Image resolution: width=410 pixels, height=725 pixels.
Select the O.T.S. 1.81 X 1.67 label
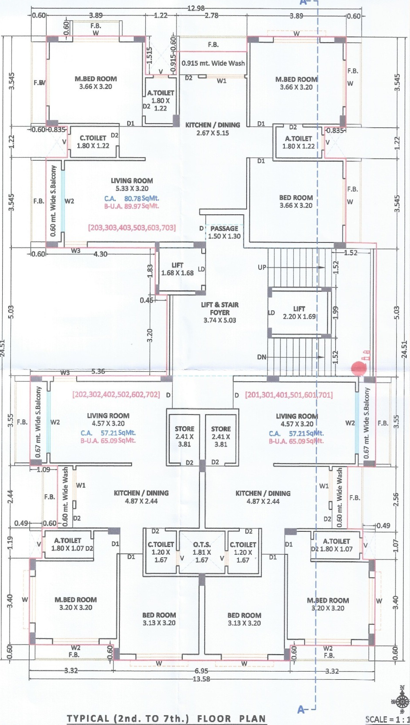pos(202,552)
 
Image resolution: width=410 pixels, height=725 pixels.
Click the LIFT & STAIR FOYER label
pos(220,312)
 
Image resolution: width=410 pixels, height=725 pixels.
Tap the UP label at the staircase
pos(262,267)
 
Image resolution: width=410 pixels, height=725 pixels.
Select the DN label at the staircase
pos(262,357)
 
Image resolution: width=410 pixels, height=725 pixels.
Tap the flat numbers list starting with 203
pos(132,227)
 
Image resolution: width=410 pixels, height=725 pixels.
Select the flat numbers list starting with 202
pos(116,395)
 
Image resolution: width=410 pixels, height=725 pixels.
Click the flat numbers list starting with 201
pos(289,395)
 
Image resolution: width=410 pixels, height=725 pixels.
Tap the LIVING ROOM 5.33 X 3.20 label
pos(132,185)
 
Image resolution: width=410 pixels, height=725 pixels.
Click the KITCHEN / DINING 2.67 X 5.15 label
pos(213,129)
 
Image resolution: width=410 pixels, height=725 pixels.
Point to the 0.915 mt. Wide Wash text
pos(213,63)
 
